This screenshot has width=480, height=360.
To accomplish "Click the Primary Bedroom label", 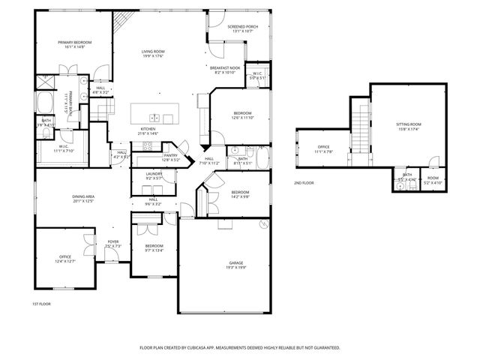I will tap(74, 44).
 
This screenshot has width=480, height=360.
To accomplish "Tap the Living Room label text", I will tap(153, 53).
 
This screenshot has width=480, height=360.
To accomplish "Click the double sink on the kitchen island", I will tap(154, 117).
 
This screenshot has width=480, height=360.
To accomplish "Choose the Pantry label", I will tap(171, 157).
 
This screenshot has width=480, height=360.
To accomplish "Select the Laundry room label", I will tap(154, 175).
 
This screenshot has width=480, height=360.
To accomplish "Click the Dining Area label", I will tap(83, 198).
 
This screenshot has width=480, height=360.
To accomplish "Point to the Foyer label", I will tap(112, 243).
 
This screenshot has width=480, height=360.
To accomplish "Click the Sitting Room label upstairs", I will tap(408, 125).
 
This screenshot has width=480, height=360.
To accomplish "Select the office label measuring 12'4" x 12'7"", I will tap(65, 259).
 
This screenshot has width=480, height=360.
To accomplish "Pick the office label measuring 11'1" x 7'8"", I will tap(324, 148).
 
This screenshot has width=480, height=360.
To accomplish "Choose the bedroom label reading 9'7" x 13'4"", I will tap(154, 248).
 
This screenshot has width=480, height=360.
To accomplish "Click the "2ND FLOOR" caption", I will tap(304, 182).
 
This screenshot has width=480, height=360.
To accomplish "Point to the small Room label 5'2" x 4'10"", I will tap(433, 181).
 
